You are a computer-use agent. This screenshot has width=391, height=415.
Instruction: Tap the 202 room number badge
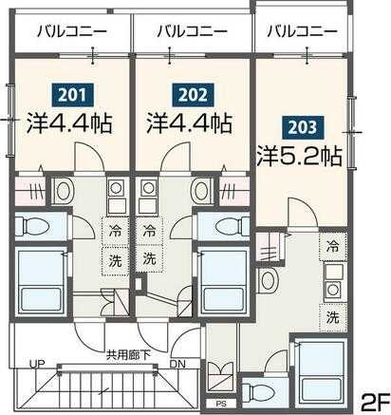188,95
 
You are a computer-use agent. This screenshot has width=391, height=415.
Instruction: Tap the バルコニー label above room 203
301,30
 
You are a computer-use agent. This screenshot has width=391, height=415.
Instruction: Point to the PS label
220,401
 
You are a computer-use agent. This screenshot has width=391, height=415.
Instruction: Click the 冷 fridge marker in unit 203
332,246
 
